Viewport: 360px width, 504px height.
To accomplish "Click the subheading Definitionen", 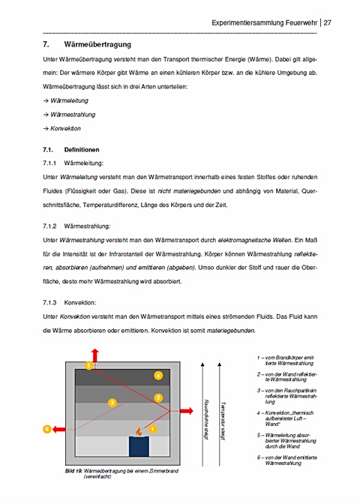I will pos(87,149).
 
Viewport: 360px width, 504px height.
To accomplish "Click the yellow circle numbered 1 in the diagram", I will pos(153,430).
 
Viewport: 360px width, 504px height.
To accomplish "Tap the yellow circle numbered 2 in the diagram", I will pos(158,397).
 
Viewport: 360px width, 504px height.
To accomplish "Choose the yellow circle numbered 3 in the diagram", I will pos(112,403).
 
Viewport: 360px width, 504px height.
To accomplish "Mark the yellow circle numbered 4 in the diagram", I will pos(157,374).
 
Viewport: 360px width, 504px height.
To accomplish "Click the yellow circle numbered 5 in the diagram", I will pos(89,366).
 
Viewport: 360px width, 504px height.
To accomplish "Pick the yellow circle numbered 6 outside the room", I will pos(47,430).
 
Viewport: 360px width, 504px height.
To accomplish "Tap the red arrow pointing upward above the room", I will pos(94,355).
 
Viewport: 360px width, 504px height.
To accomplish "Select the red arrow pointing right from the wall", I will pos(181,412).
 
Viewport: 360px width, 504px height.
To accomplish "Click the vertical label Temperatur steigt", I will pos(223,420).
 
